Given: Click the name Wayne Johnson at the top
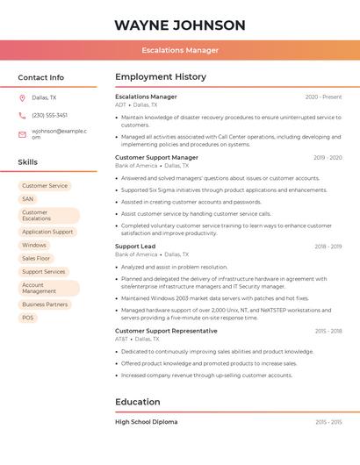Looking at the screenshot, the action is tap(180, 25).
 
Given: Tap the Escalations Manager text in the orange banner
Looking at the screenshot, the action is tap(180, 50).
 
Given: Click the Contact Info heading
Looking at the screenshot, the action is tap(41, 77).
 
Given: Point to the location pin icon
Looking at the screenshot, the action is tap(22, 97).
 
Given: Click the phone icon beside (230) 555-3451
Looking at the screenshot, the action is tap(22, 115).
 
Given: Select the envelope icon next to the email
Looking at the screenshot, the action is tap(22, 133).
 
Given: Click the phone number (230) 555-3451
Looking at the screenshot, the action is tap(49, 115).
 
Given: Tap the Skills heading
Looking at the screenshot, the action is tap(28, 161).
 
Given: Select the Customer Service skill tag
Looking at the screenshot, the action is tap(45, 186).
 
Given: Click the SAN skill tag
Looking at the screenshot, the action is tap(28, 199).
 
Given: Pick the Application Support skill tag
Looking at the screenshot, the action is tap(47, 232).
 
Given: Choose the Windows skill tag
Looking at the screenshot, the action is tap(34, 245).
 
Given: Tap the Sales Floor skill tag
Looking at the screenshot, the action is tap(36, 258).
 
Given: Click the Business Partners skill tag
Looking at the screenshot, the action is tap(45, 304).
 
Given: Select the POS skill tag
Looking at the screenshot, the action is tap(28, 318).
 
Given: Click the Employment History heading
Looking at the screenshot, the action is tap(161, 77).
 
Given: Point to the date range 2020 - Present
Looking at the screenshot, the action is tap(323, 97).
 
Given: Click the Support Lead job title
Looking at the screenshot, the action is tap(135, 247).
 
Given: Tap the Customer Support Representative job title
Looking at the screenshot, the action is tap(166, 331).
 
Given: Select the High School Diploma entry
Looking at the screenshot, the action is tap(146, 422).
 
